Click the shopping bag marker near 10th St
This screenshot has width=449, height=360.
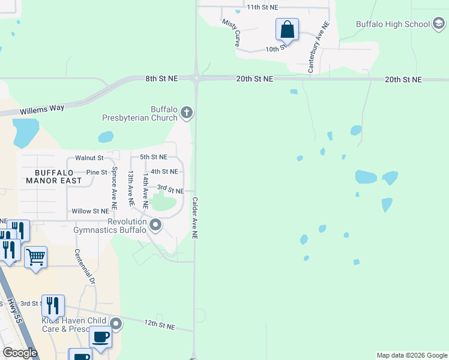coord(288,29)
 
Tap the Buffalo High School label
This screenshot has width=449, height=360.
coord(393,24)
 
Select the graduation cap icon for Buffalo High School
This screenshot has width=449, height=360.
coord(439,24)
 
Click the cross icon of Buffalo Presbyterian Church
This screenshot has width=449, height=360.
coord(187,112)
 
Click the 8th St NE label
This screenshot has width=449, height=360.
coord(161,79)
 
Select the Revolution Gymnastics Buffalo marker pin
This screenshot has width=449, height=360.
coord(155,226)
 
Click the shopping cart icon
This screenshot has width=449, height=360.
coord(36,257)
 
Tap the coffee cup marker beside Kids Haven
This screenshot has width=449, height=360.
coord(100,337)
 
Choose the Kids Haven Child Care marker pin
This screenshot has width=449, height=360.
coord(116,325)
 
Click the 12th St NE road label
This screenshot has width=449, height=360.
coord(160,325)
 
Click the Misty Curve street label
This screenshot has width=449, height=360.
coord(231,32)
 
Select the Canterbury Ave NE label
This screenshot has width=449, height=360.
coord(319,48)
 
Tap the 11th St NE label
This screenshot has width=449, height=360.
coord(263,7)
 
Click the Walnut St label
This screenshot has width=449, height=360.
coord(89,158)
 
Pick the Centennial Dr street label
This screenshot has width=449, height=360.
coord(85,266)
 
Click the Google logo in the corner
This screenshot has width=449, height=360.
coord(20,353)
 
